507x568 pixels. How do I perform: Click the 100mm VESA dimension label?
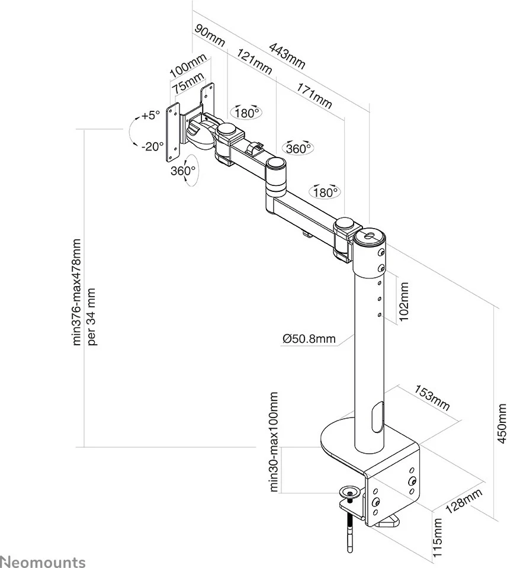[x=187, y=65]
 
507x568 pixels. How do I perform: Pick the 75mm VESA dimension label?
[x=187, y=82]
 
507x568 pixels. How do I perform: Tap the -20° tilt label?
[x=153, y=146]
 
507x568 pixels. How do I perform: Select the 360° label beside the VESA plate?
[x=182, y=171]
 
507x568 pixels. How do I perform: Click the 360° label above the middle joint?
[x=298, y=148]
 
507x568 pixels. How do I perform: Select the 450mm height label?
[x=502, y=423]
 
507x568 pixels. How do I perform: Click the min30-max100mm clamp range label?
[x=274, y=441]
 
